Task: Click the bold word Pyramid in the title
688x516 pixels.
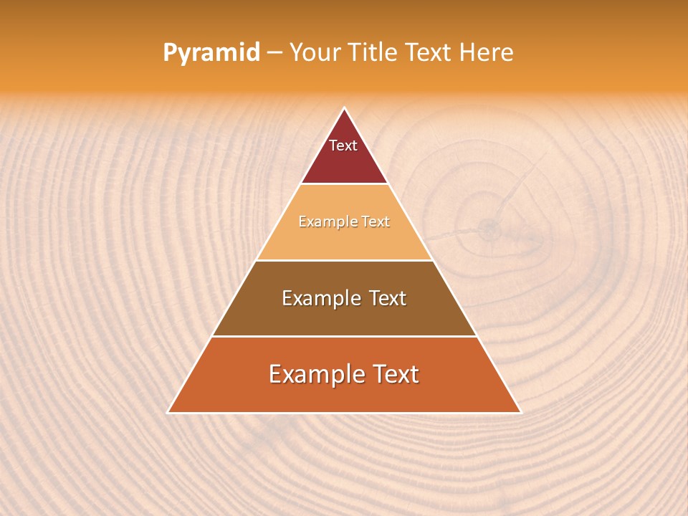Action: coord(211,53)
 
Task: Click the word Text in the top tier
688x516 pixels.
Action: coord(343,145)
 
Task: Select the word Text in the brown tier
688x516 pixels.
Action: coord(387,298)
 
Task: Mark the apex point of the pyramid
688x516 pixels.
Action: coord(345,108)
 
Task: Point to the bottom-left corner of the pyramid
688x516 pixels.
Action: coord(168,413)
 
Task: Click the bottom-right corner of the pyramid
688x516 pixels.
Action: coord(521,413)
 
